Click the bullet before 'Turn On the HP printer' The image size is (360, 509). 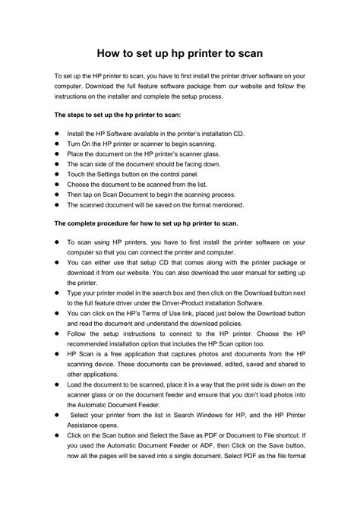(57, 144)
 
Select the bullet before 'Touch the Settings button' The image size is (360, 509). (57, 174)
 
